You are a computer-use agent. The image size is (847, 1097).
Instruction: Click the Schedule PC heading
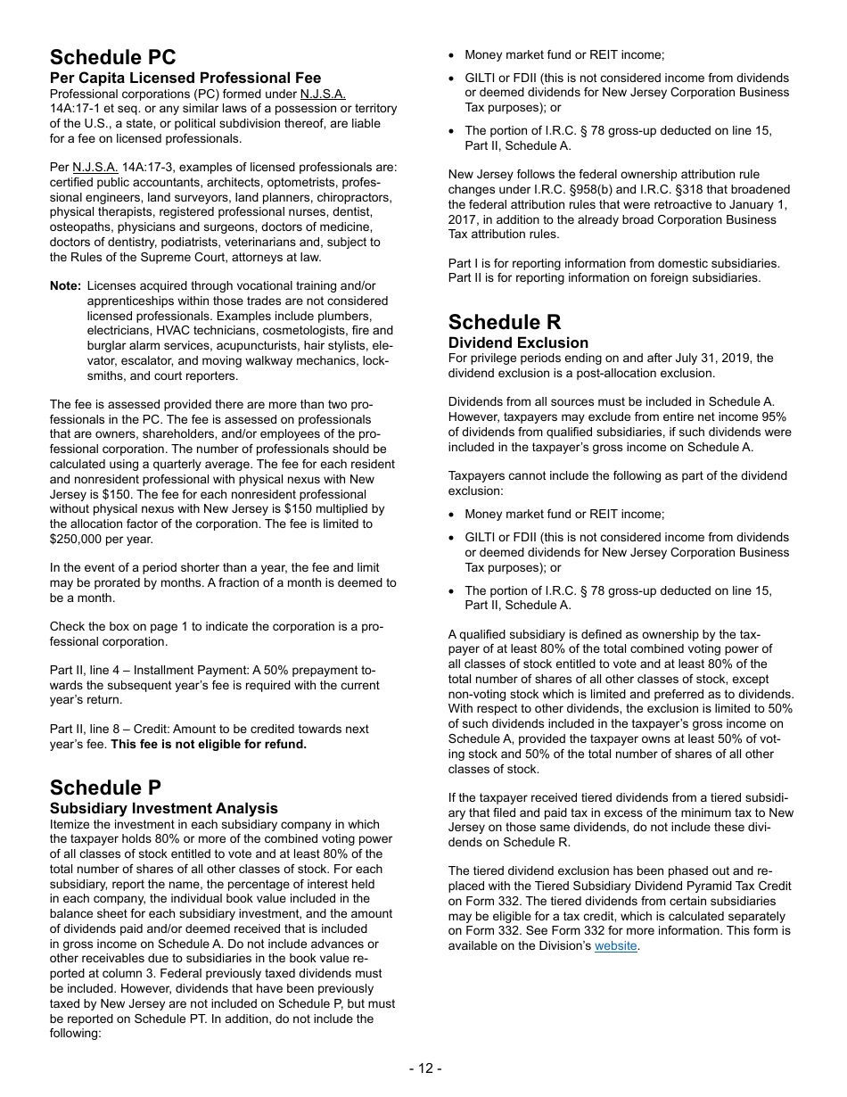click(x=112, y=57)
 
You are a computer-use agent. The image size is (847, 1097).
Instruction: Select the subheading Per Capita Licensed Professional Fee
click(x=185, y=78)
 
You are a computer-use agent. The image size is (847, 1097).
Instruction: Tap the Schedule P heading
click(x=105, y=788)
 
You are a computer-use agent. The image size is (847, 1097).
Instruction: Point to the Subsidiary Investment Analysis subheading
click(x=163, y=808)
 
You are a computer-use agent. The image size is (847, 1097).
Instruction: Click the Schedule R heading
click(x=505, y=322)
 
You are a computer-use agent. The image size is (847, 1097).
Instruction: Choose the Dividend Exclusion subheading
click(x=518, y=342)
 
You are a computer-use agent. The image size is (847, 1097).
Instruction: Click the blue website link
click(x=615, y=945)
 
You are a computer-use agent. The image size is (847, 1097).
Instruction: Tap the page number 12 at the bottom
click(x=424, y=1068)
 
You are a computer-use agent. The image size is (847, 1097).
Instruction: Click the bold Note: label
click(x=66, y=285)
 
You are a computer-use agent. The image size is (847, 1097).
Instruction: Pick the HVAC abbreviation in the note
click(x=169, y=331)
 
